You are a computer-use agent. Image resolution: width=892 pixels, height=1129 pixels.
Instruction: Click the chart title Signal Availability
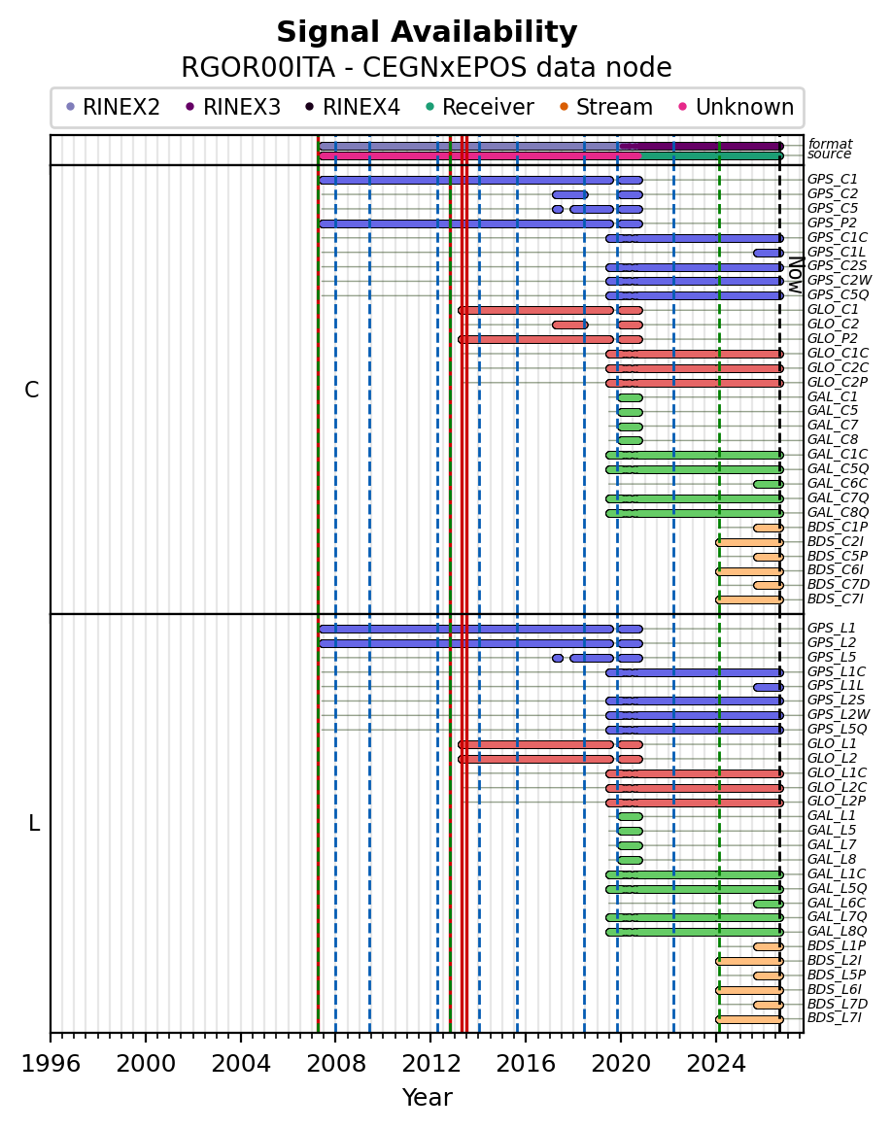427,32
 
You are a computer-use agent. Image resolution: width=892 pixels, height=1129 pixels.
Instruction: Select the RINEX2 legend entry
113,107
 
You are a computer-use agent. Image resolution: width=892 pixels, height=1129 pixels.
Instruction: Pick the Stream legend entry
605,107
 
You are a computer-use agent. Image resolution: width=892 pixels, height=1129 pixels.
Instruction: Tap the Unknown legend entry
736,107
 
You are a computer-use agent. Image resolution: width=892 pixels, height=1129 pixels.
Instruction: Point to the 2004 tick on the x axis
240,1037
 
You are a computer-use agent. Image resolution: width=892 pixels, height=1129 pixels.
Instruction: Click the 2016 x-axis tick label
526,1064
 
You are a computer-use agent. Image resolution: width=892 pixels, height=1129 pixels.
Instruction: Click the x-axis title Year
427,1097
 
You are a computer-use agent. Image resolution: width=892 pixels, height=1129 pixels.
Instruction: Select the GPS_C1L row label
837,252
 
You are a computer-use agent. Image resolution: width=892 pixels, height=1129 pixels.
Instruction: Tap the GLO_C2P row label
838,382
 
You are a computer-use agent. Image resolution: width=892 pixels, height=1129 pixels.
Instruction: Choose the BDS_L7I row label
835,1017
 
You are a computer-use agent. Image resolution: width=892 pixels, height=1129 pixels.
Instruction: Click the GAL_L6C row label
837,903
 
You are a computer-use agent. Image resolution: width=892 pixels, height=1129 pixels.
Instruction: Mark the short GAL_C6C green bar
769,484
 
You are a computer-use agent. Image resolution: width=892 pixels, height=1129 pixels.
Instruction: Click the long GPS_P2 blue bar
465,223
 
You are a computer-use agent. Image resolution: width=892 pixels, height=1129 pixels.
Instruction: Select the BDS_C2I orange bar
749,542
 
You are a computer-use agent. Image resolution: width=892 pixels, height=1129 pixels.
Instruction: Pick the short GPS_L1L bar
769,687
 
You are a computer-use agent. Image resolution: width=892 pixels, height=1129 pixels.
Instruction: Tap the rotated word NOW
795,274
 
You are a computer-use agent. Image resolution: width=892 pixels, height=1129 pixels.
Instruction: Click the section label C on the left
32,390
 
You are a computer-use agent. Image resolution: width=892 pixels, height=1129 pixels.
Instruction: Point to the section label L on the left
34,823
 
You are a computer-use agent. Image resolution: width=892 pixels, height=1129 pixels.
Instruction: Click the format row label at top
830,144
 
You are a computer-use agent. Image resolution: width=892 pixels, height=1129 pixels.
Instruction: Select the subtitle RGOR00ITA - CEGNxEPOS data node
427,68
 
